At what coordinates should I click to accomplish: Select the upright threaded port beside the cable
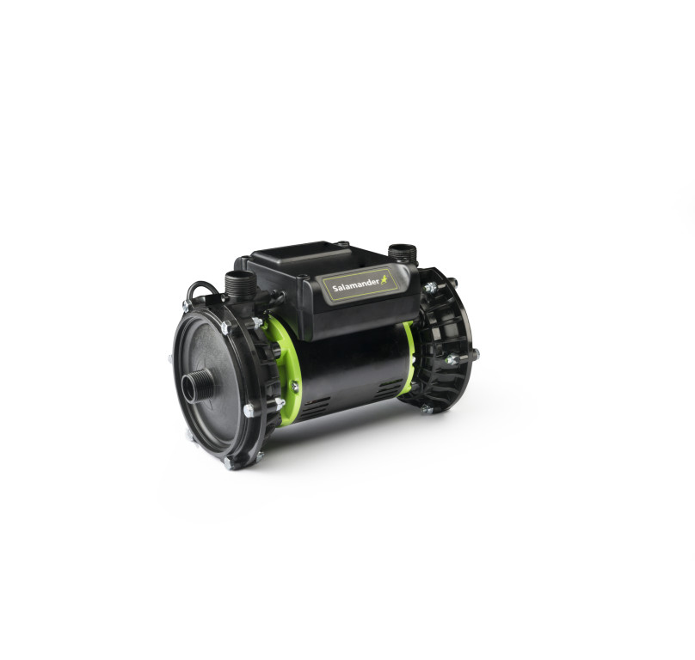(x=240, y=284)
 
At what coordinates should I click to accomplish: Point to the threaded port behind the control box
(x=403, y=254)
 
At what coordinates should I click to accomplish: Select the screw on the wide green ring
(x=294, y=387)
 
